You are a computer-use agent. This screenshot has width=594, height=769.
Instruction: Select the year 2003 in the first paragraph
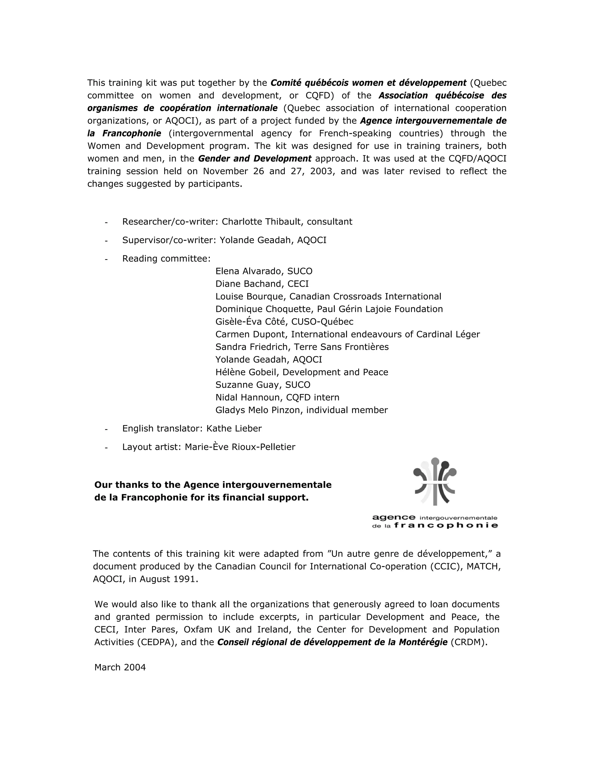(x=321, y=171)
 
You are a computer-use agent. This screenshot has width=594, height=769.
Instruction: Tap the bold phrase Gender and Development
(x=255, y=158)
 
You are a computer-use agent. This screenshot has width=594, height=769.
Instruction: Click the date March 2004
(x=120, y=667)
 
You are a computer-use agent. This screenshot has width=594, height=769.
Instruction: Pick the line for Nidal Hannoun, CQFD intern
(x=277, y=398)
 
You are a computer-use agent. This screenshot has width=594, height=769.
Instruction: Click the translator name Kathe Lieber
(x=234, y=429)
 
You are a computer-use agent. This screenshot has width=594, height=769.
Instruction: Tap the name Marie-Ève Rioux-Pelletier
(x=240, y=447)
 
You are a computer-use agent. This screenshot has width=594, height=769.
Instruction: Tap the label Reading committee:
(x=166, y=259)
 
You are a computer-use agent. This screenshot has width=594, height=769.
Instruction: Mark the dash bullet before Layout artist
(x=106, y=447)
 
